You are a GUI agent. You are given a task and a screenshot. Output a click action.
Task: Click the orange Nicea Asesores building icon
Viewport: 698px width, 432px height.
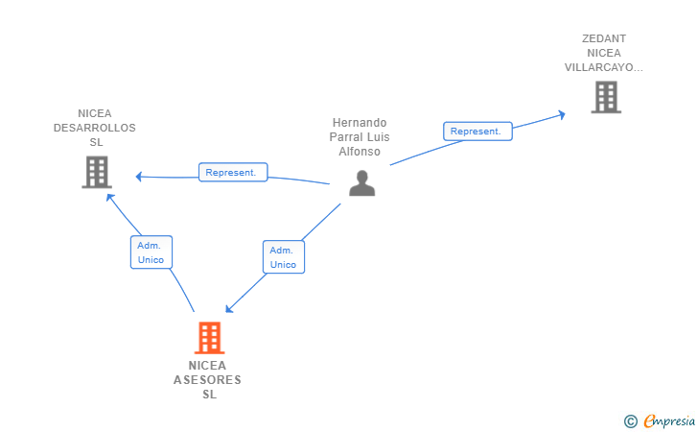click(x=209, y=338)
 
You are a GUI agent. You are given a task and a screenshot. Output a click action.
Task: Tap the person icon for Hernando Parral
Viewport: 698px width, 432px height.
click(x=361, y=182)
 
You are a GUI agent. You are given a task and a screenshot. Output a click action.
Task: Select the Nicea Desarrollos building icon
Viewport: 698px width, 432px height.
click(x=96, y=172)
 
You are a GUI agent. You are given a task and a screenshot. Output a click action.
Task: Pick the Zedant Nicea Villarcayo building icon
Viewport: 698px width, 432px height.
click(x=605, y=97)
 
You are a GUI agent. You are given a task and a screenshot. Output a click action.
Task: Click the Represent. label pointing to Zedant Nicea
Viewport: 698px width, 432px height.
click(x=477, y=132)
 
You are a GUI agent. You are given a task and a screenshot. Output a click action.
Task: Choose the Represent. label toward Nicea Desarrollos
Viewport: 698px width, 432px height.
click(x=233, y=173)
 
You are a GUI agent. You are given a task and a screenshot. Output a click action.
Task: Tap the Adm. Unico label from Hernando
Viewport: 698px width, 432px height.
click(x=283, y=256)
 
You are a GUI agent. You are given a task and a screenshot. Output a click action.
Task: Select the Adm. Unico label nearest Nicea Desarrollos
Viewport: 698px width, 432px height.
click(x=151, y=252)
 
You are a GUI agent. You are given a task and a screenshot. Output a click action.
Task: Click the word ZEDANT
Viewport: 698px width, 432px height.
click(x=604, y=39)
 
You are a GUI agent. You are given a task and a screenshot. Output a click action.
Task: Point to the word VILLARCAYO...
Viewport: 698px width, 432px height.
click(x=603, y=68)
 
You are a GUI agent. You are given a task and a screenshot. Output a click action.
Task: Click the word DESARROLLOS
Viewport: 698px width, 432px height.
click(x=95, y=128)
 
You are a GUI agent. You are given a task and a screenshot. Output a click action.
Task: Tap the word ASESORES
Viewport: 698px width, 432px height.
click(x=208, y=380)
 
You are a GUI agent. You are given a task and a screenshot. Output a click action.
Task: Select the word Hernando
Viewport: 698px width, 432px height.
click(x=360, y=123)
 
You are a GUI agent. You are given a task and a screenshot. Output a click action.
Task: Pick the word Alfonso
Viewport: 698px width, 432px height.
click(x=360, y=152)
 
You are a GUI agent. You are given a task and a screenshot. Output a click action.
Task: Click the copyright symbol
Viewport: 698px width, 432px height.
click(x=630, y=420)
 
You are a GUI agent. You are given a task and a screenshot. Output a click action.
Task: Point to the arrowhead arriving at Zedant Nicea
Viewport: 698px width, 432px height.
click(x=562, y=113)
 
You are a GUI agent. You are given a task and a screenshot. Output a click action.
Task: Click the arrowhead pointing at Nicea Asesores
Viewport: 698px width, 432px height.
click(x=228, y=309)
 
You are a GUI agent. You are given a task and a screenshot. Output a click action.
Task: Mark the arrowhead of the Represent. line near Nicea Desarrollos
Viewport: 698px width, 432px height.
click(x=139, y=177)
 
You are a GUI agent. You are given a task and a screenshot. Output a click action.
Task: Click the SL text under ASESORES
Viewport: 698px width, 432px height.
click(x=209, y=395)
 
